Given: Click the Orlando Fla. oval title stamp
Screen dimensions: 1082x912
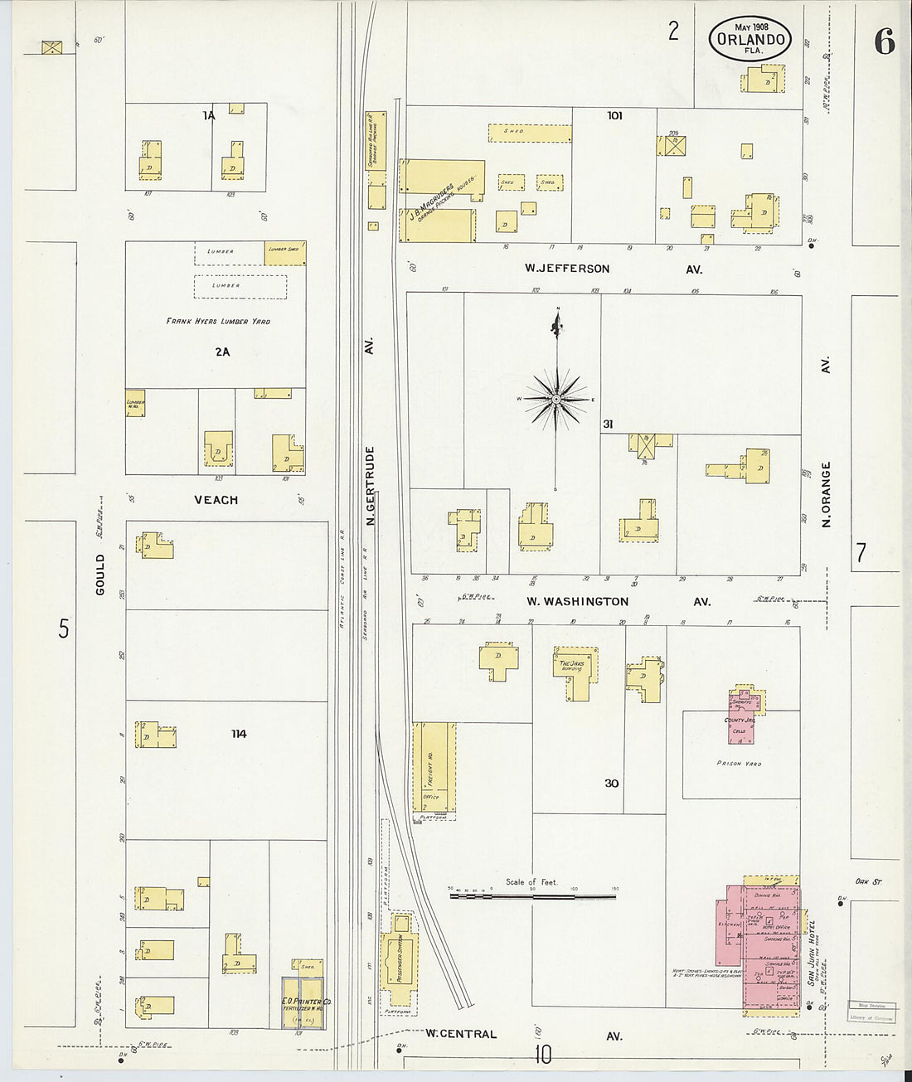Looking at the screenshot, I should [x=750, y=38].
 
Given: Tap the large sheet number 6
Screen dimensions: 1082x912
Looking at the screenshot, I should [x=884, y=41].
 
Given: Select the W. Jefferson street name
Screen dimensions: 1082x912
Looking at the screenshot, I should [x=567, y=269].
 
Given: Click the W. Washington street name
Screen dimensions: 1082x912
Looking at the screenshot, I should [x=578, y=601].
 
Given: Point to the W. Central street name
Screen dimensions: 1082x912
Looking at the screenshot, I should [x=461, y=1034].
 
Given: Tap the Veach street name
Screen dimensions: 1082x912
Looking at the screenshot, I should [x=216, y=500].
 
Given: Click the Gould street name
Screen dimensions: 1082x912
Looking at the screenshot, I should [x=101, y=575].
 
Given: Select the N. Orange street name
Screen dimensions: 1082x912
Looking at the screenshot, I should [x=826, y=495].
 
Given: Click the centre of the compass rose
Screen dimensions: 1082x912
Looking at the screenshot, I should [x=557, y=399].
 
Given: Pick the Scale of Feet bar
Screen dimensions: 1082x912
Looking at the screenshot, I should [x=532, y=895].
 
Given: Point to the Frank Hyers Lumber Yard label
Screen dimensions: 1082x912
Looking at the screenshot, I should [x=218, y=321].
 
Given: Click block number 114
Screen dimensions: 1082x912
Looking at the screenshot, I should [x=239, y=734].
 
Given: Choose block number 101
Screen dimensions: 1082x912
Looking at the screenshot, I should [x=614, y=115].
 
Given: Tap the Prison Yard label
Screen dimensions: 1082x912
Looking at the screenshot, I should [x=739, y=763].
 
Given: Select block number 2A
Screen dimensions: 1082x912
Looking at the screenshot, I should [x=222, y=352].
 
